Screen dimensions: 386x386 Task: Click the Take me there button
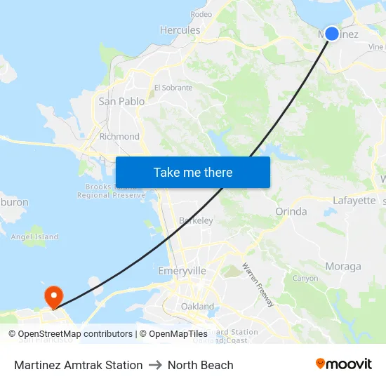(x=193, y=172)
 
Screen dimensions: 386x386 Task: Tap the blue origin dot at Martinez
(x=332, y=33)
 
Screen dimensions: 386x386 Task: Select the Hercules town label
(x=180, y=30)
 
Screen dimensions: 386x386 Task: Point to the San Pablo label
(x=121, y=101)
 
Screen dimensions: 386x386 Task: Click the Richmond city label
(x=119, y=136)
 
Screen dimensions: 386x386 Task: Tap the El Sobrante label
(x=173, y=88)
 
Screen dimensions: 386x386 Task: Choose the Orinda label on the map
(x=291, y=211)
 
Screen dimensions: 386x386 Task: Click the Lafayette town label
(x=354, y=200)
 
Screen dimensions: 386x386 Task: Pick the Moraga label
(x=343, y=266)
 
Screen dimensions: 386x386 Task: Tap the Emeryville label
(x=182, y=270)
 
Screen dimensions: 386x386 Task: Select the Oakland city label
(x=197, y=306)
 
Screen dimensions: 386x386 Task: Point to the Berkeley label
(x=196, y=220)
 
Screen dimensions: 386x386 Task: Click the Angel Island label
(x=34, y=237)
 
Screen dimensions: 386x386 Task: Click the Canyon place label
(x=305, y=278)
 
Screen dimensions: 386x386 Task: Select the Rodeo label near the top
(x=201, y=14)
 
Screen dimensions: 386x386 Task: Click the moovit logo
(x=343, y=364)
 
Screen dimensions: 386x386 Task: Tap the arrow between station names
(x=155, y=365)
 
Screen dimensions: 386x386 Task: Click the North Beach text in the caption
(x=200, y=365)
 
